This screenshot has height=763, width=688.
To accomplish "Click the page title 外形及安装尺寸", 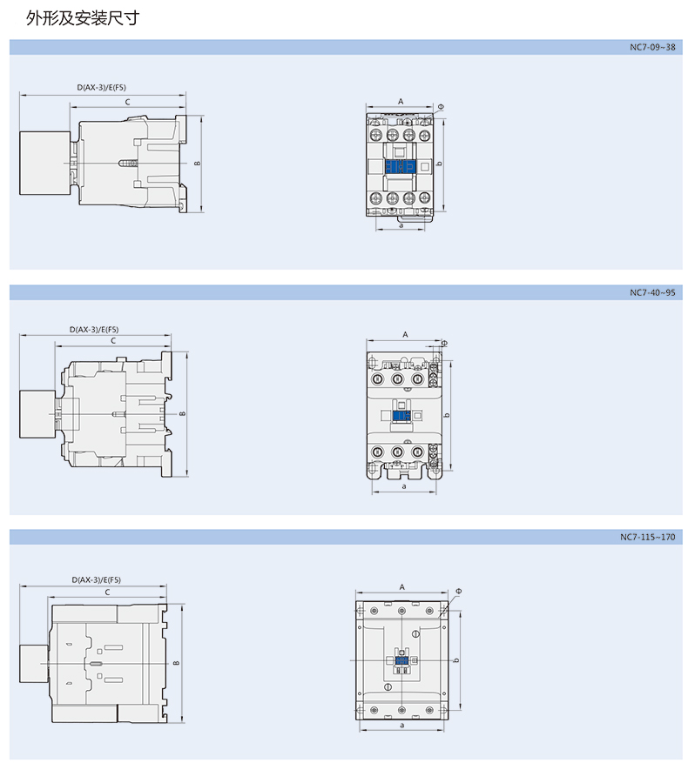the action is [83, 18].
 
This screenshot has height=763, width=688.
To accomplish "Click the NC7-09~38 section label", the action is [652, 47].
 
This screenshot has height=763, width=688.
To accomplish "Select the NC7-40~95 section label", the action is [652, 292].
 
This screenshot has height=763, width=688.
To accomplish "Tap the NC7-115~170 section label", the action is [648, 537].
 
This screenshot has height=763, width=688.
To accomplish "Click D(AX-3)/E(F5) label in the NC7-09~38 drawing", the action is [101, 88].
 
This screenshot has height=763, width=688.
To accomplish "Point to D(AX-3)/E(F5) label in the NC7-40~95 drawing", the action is [94, 330].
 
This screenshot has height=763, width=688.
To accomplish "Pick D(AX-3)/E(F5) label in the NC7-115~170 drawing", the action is [96, 580].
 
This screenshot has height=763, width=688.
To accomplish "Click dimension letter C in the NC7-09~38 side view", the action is [128, 102].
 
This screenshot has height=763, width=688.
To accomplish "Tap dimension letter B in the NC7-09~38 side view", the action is [198, 164].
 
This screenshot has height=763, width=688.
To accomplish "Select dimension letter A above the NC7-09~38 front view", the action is [401, 101].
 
